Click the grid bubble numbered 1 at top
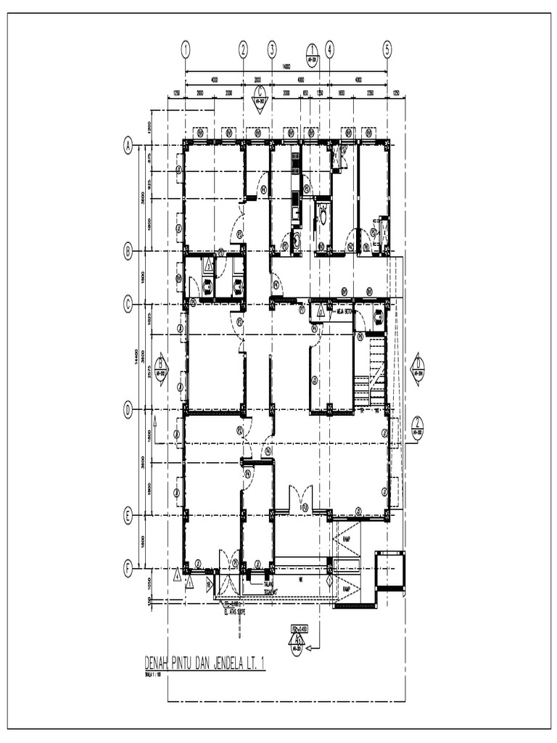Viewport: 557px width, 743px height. (x=186, y=49)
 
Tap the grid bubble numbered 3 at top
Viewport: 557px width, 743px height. (x=272, y=49)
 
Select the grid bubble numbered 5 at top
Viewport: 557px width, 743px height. (x=387, y=49)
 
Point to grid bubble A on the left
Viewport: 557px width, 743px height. (x=128, y=146)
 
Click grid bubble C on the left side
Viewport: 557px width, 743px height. (x=128, y=305)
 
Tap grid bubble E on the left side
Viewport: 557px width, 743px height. (x=128, y=517)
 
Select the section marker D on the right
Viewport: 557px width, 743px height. (x=418, y=366)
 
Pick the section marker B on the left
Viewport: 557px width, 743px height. (x=161, y=366)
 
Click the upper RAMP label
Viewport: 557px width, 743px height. (x=347, y=540)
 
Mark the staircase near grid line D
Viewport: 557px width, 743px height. (x=374, y=373)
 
